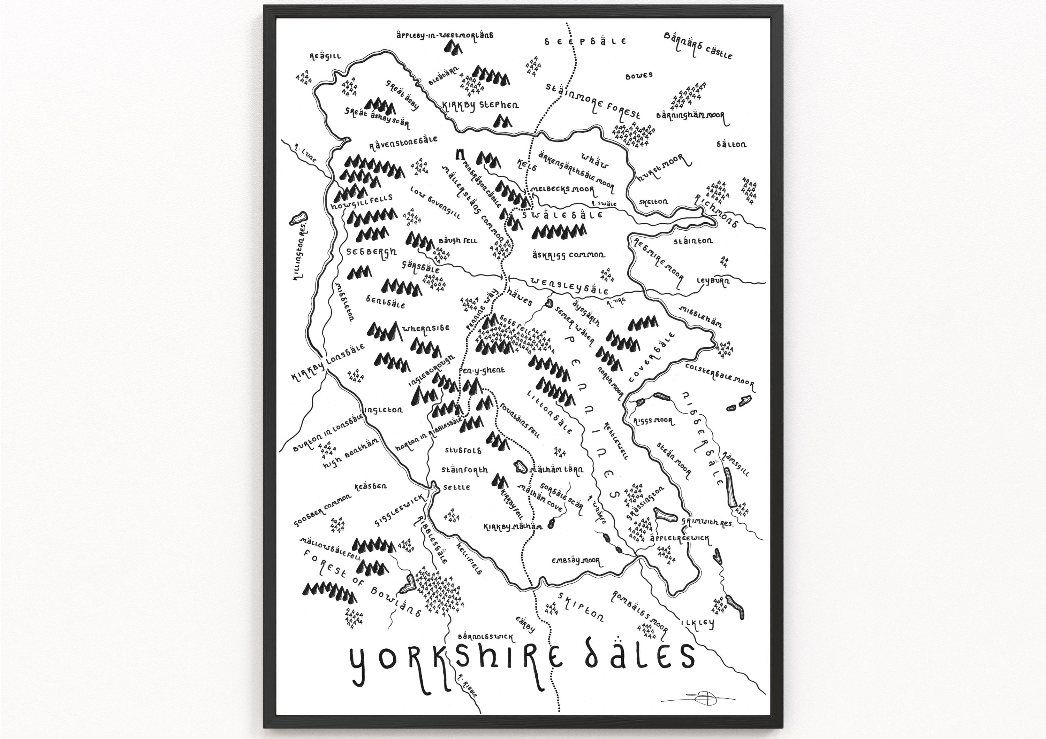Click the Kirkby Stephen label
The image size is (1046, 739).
click(x=480, y=105)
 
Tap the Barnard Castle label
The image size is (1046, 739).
click(x=697, y=46)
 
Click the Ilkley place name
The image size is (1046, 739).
click(x=697, y=623)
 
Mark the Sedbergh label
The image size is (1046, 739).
click(x=371, y=252)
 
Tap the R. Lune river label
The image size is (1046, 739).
click(x=305, y=155)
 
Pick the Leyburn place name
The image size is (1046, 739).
click(x=713, y=281)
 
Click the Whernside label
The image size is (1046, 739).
click(x=426, y=328)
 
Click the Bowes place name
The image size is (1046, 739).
click(x=639, y=76)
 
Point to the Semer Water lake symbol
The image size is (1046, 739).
click(x=549, y=303)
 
